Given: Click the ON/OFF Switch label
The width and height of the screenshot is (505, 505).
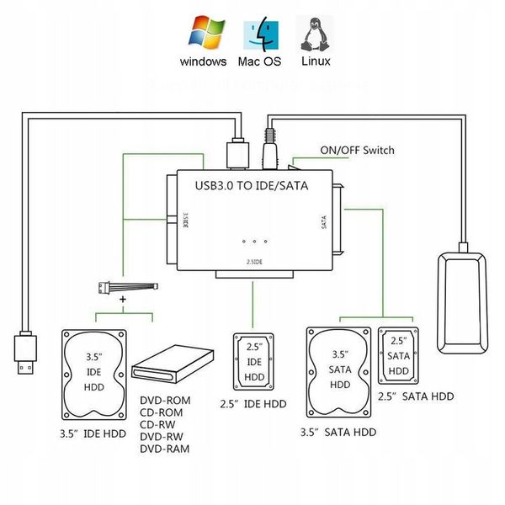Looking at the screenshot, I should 357,151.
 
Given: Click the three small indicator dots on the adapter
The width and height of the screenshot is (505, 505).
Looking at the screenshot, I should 253,238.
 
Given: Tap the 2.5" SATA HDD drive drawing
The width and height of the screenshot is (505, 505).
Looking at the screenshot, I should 397,355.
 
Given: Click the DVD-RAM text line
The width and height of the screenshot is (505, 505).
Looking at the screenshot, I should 164,449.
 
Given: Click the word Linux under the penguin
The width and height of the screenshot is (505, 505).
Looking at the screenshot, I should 315,61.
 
